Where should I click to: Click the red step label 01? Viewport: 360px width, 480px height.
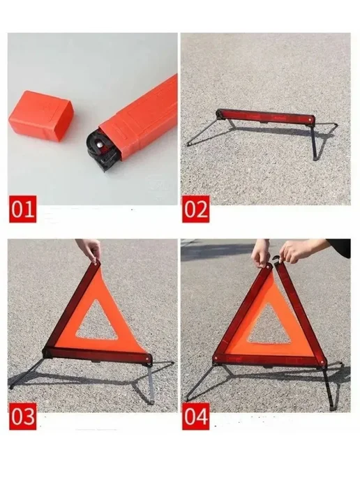click(22, 209)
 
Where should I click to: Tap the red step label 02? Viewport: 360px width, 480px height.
click(196, 209)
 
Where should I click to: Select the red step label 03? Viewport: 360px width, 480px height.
click(22, 417)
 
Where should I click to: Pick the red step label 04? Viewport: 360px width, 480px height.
click(196, 417)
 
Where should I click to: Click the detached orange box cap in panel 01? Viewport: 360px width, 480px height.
click(41, 116)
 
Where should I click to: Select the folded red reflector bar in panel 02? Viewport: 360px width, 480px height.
click(265, 117)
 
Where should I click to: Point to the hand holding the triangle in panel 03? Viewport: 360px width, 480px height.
click(89, 250)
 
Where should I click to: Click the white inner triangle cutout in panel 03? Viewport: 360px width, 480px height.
click(97, 323)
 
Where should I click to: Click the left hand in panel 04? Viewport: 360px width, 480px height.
click(261, 253)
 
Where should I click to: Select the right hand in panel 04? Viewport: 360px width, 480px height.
click(295, 252)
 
